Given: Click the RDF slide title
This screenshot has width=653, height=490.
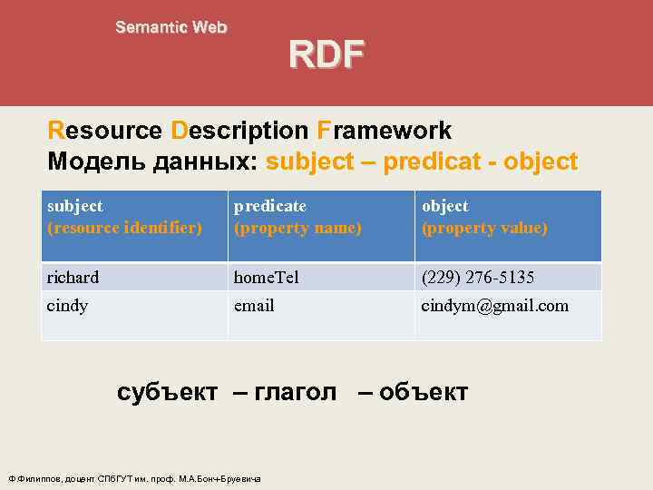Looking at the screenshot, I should [326, 54].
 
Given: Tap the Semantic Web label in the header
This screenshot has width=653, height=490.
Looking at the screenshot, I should [171, 27].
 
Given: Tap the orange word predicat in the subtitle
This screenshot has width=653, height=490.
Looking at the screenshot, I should [429, 162].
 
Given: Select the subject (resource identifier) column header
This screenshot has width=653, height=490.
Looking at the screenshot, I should [123, 218].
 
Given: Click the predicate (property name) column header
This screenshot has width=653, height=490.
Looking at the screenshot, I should [297, 218].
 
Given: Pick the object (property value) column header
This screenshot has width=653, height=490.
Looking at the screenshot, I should [484, 218].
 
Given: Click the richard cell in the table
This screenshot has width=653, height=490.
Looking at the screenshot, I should [73, 277].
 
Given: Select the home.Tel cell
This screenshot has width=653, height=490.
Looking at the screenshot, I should [270, 277].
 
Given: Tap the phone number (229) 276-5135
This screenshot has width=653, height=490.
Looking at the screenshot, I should [478, 277].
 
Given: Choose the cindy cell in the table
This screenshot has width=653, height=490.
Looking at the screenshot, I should [68, 306].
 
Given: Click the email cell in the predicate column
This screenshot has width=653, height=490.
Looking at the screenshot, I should [254, 306].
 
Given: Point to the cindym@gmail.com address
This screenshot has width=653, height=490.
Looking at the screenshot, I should [495, 306].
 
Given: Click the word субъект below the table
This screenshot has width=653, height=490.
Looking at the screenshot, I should [168, 392].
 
